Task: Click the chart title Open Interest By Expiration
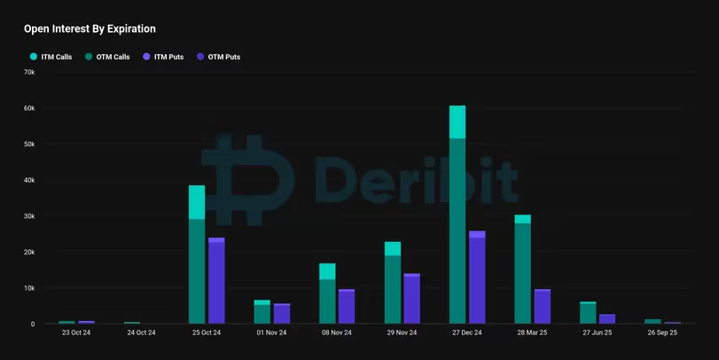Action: pos(90,28)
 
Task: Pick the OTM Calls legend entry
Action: pos(108,57)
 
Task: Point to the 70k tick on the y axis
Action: pos(28,72)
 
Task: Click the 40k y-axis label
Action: pos(28,180)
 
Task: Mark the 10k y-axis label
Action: pos(28,288)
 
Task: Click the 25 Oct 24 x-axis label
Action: pos(206,333)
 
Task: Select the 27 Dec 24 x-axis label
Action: pos(466,333)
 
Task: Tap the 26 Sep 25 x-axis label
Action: pos(662,333)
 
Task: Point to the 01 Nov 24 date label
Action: pos(270,333)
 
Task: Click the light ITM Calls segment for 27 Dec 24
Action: pos(457,122)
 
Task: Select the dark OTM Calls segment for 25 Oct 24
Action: pos(197,270)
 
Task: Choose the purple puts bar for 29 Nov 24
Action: pos(411,300)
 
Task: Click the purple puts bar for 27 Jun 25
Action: pos(607,319)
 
